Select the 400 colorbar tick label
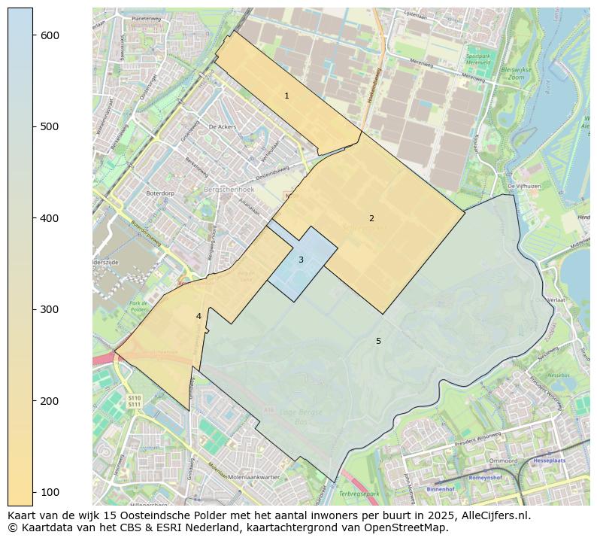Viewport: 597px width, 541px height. click(x=50, y=218)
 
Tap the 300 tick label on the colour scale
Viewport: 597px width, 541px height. click(x=50, y=309)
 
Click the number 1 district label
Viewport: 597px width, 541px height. click(x=286, y=96)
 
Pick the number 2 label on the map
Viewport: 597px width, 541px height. click(x=371, y=219)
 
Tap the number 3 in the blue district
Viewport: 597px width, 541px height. click(x=301, y=260)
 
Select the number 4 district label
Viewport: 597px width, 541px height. click(x=198, y=317)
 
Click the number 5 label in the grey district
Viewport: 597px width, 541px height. click(x=378, y=342)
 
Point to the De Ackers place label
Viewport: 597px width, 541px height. click(x=222, y=127)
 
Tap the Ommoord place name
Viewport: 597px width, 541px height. click(x=503, y=460)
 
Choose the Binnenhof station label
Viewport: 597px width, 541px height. click(x=440, y=488)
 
